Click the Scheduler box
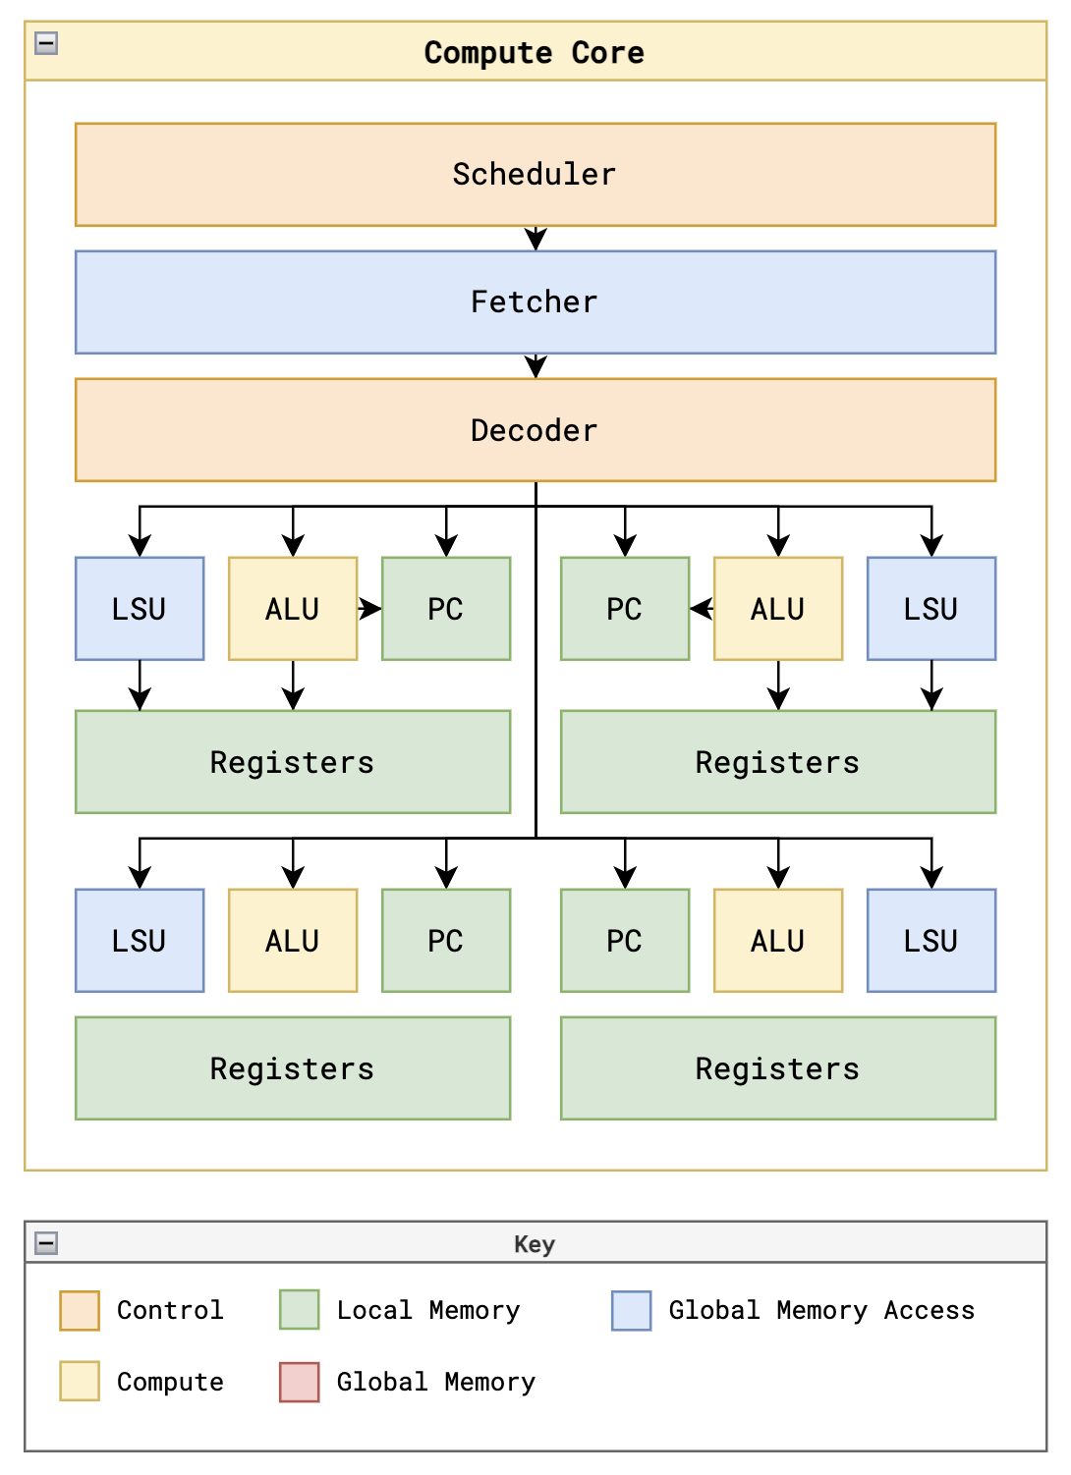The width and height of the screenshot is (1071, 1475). (x=535, y=175)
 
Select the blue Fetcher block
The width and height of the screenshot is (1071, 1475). (x=535, y=302)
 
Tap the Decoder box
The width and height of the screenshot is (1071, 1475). (x=535, y=430)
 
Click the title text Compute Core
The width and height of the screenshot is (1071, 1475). (x=534, y=52)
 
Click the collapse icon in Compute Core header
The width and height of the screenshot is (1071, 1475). (x=46, y=43)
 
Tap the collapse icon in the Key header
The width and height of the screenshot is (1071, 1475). (x=46, y=1243)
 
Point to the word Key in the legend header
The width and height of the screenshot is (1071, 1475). (x=535, y=1244)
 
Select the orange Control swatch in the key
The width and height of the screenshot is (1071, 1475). (x=80, y=1310)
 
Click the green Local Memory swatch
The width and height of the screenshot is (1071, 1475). (x=299, y=1310)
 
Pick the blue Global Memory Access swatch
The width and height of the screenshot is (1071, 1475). (x=631, y=1310)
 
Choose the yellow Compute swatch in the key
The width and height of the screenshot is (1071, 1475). (x=80, y=1381)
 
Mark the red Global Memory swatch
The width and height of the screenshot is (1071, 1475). (x=299, y=1382)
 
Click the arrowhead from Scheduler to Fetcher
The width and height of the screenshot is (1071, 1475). (x=535, y=240)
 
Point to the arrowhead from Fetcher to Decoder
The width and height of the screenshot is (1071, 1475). (x=535, y=367)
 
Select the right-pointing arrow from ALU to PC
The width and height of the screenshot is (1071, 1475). (x=370, y=609)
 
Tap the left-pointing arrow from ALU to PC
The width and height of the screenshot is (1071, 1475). (x=701, y=609)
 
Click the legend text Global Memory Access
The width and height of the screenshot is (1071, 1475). (x=821, y=1310)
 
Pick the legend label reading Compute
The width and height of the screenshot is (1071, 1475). (x=170, y=1382)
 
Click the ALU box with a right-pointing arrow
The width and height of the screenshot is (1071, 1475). (x=293, y=609)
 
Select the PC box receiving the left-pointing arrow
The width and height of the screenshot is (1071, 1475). (x=625, y=609)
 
